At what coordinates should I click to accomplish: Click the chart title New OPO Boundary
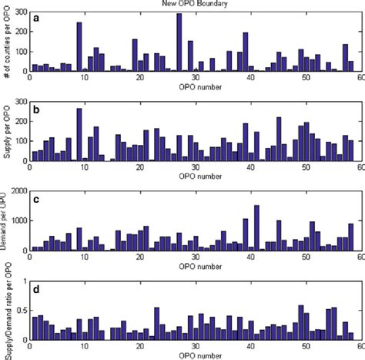click(x=193, y=5)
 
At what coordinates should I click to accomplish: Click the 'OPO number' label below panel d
click(x=193, y=355)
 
